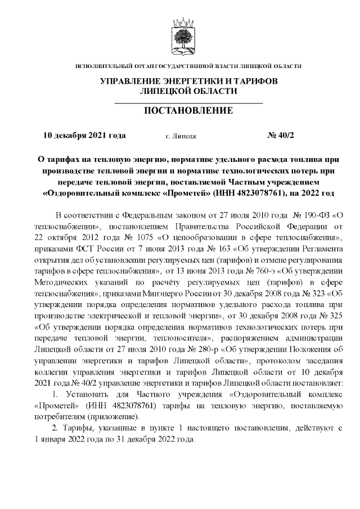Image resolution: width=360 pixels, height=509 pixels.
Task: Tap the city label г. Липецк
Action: click(x=181, y=136)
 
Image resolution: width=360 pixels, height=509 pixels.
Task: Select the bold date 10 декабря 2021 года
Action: click(x=84, y=136)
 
